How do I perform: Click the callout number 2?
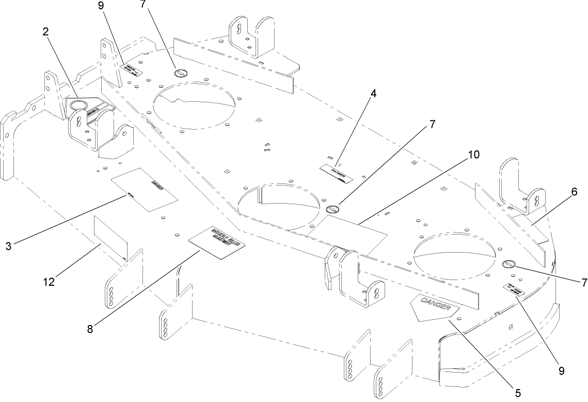coord(45,32)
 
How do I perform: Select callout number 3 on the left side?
coord(9,246)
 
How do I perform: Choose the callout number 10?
coord(474,154)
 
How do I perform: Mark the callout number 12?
coord(50,282)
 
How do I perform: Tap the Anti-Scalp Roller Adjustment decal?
coord(217,243)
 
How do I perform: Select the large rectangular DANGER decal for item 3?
coord(145,189)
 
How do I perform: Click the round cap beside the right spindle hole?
coord(509,265)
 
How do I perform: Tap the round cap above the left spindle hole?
coord(181,73)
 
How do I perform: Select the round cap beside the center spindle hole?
coord(333,209)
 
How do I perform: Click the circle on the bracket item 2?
coord(78,105)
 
